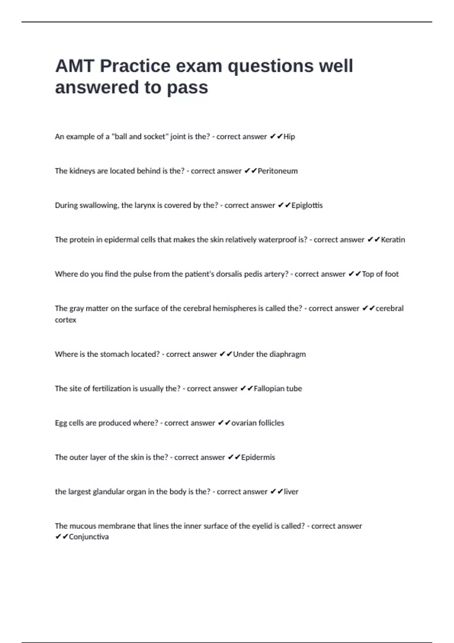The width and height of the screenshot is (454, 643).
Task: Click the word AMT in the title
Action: pos(75,66)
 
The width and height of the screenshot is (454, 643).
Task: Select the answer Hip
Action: pos(289,137)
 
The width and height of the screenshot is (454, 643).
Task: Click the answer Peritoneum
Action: pos(278,171)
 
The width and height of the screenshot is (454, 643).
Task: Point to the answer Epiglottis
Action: pos(307,205)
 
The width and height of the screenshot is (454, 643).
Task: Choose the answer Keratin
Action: pos(393,240)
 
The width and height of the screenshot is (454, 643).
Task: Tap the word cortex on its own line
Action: pos(65,320)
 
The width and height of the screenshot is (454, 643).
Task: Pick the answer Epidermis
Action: pos(258,457)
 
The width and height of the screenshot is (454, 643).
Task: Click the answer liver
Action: pos(291,492)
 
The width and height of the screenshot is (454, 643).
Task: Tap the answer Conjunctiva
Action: pos(89,537)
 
